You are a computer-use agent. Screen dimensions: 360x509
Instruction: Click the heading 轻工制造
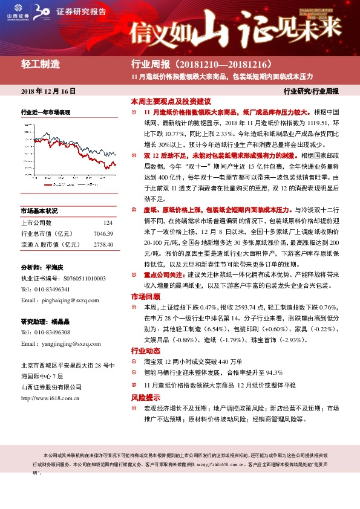[41, 64]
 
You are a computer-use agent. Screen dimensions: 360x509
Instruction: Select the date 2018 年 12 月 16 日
[48, 91]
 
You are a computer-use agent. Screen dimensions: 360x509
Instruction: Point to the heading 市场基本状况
[39, 211]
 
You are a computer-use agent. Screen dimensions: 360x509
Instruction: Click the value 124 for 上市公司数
[108, 223]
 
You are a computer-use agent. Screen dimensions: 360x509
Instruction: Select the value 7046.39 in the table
[104, 233]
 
